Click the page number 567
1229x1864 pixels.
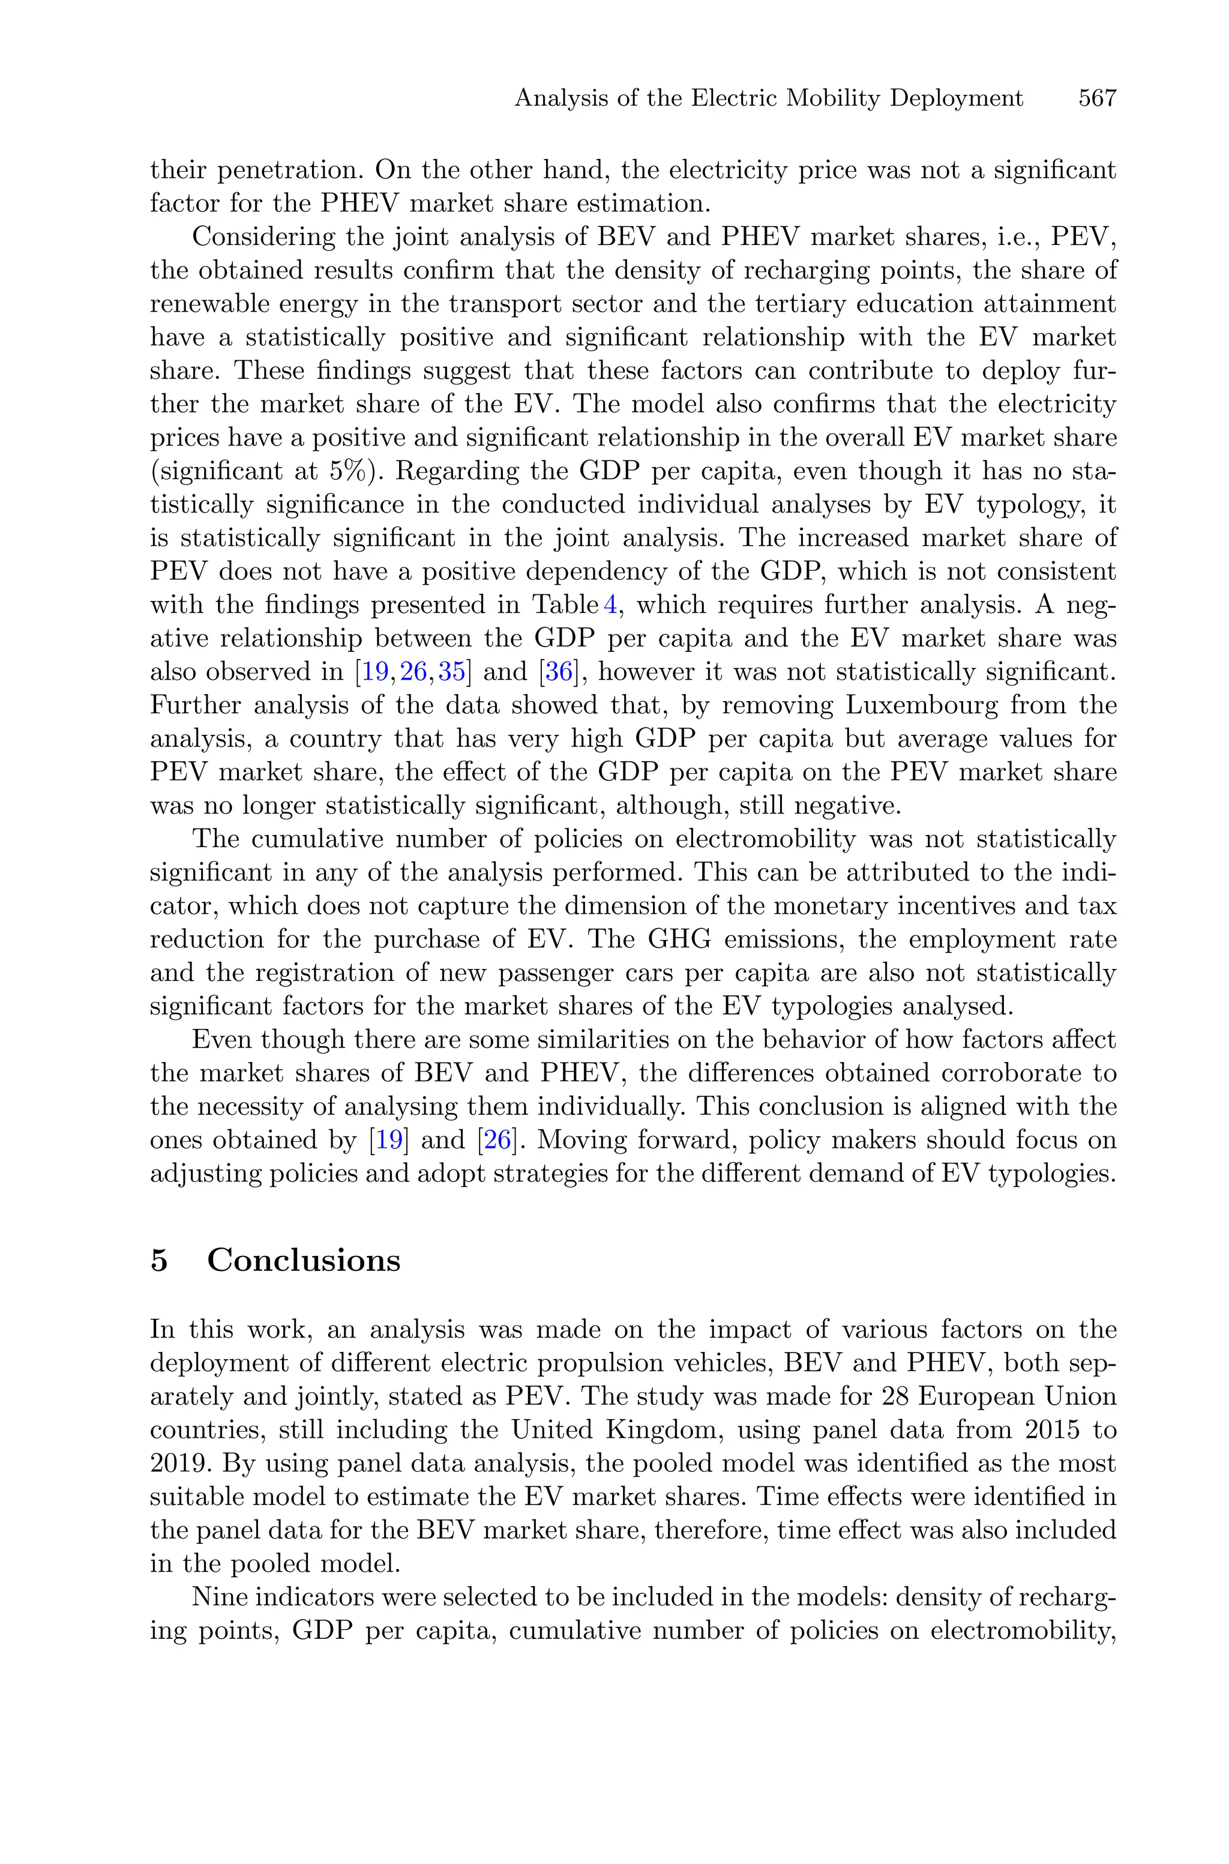click(1096, 99)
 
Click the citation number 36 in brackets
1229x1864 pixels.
click(559, 672)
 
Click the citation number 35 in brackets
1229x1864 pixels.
click(452, 672)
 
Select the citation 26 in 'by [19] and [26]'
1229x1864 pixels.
click(497, 1140)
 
